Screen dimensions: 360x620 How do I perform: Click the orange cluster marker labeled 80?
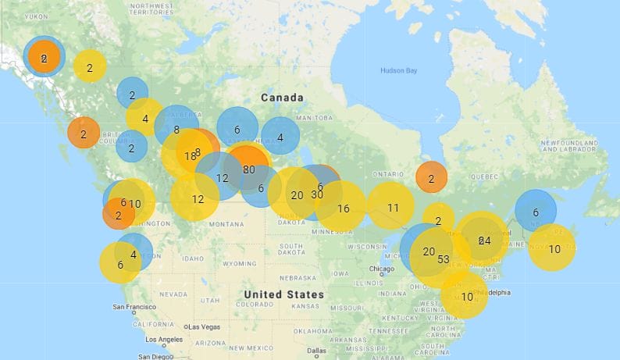[x=248, y=168]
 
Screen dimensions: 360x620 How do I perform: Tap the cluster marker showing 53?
[x=443, y=258]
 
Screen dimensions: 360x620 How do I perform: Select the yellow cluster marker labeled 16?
[x=343, y=208]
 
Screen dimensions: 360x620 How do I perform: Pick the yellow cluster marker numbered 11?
[x=393, y=207]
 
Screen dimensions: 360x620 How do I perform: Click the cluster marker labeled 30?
[x=316, y=195]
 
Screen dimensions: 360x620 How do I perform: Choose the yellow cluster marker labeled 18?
[x=189, y=155]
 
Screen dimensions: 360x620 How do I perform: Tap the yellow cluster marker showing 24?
[x=483, y=240]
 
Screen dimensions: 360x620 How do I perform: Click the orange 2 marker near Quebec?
[x=430, y=177]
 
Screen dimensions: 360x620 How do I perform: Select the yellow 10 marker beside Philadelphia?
[x=466, y=296]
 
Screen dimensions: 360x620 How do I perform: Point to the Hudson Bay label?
[x=398, y=71]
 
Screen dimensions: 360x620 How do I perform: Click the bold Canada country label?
[x=281, y=98]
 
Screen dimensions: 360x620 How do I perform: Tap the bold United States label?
[x=283, y=294]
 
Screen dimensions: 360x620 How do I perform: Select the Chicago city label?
[x=383, y=269]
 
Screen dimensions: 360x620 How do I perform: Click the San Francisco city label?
[x=137, y=307]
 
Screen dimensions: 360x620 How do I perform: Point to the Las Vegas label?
[x=205, y=326]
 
